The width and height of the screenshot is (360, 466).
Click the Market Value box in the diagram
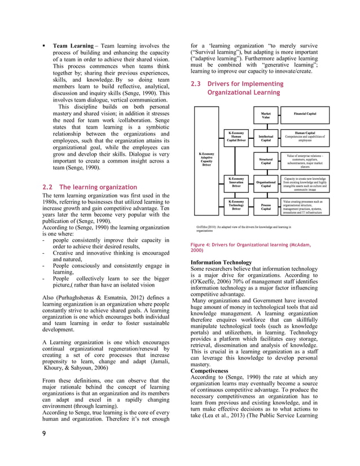[265, 116]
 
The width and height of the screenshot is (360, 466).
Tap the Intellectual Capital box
[265, 138]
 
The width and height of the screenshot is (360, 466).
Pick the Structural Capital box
[265, 161]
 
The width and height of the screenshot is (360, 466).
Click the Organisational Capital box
[265, 184]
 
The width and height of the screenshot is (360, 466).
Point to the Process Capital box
[265, 206]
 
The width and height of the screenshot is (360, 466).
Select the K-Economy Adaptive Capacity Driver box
[207, 160]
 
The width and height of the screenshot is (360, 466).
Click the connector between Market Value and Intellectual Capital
[265, 126]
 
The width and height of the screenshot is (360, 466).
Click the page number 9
[45, 449]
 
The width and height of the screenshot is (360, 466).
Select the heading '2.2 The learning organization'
[90, 187]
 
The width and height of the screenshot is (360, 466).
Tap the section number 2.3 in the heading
[196, 84]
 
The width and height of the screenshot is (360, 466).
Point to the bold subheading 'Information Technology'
[221, 262]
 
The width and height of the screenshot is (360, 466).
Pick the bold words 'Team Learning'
[72, 45]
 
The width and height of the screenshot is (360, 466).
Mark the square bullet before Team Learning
[44, 45]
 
